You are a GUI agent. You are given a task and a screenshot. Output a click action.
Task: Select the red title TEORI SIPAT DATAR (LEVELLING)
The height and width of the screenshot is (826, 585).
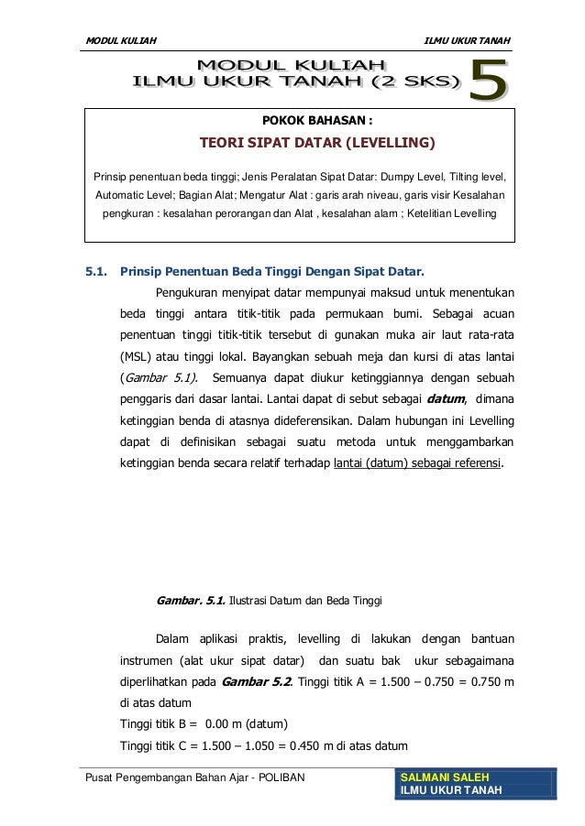pyautogui.click(x=317, y=144)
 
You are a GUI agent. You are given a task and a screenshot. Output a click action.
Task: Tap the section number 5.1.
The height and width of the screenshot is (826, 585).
pyautogui.click(x=97, y=272)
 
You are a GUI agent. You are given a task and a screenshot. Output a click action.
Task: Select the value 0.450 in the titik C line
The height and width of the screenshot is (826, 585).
pyautogui.click(x=298, y=743)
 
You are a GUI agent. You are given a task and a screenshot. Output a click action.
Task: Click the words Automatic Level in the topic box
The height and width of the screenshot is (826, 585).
pyautogui.click(x=128, y=194)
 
